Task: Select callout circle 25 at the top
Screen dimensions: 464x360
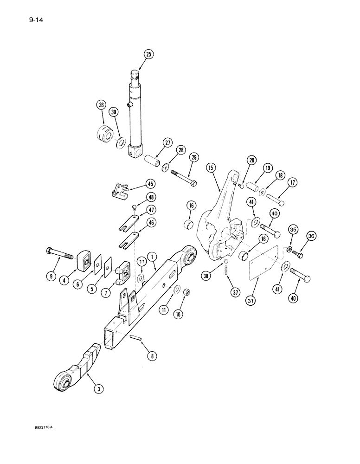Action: [148, 54]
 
